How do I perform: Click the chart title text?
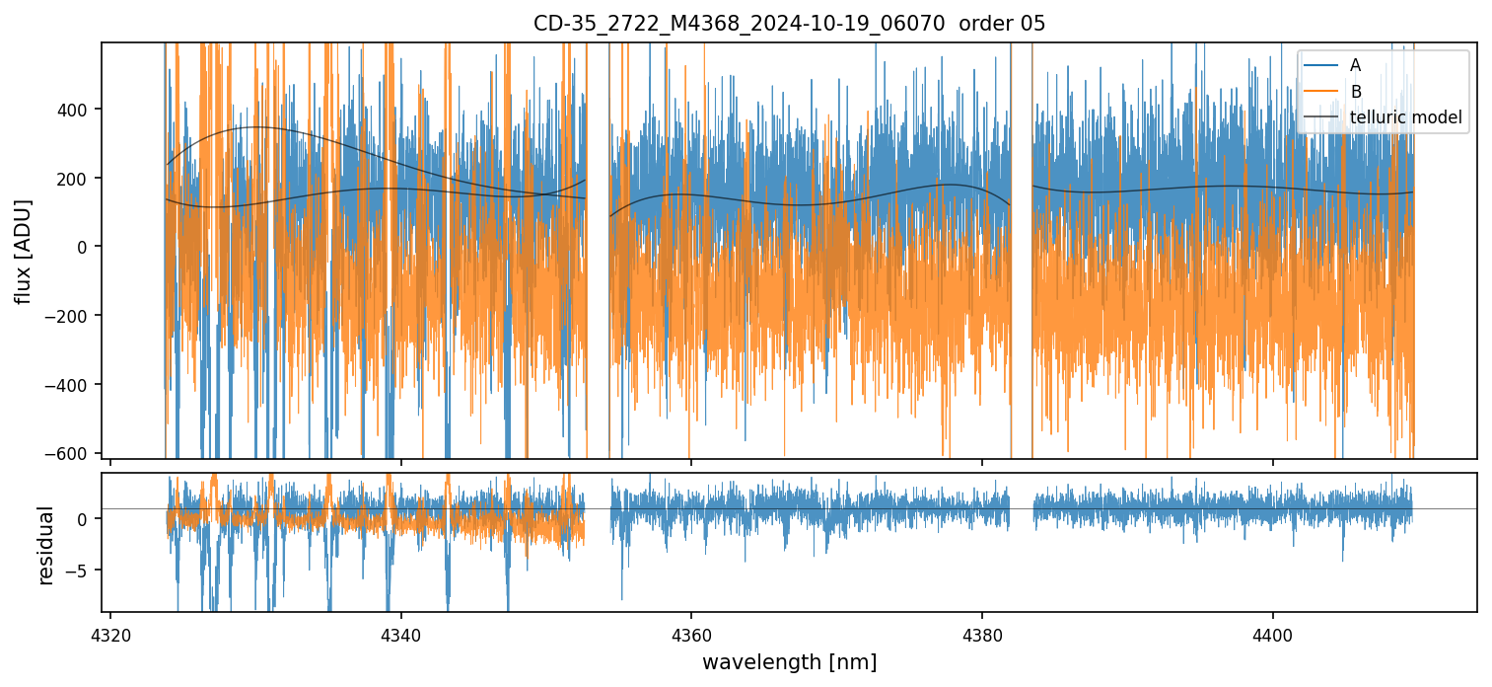[x=789, y=24]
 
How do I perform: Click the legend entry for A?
[x=1355, y=65]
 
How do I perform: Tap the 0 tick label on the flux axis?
[x=82, y=247]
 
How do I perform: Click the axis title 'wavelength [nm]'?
[x=789, y=662]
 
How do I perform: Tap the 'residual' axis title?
[x=45, y=545]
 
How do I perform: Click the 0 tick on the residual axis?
[x=83, y=519]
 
